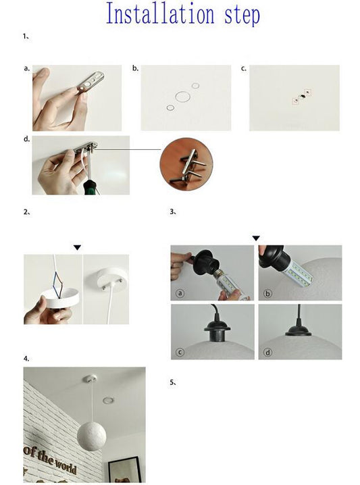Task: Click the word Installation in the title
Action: tap(160, 14)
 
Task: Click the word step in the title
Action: tap(242, 16)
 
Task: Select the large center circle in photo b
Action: tap(182, 97)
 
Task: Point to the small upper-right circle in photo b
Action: tap(195, 86)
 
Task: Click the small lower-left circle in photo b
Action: tap(170, 107)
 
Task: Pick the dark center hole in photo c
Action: tap(302, 97)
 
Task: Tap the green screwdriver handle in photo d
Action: tap(91, 187)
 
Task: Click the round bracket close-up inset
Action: tap(186, 165)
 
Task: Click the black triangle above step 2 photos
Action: tap(77, 247)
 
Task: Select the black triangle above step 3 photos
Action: tap(256, 238)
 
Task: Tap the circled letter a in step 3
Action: tap(180, 293)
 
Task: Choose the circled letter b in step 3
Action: tap(268, 293)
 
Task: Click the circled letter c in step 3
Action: tap(180, 352)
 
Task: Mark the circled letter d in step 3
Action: tap(268, 352)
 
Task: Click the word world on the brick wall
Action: tap(66, 465)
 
